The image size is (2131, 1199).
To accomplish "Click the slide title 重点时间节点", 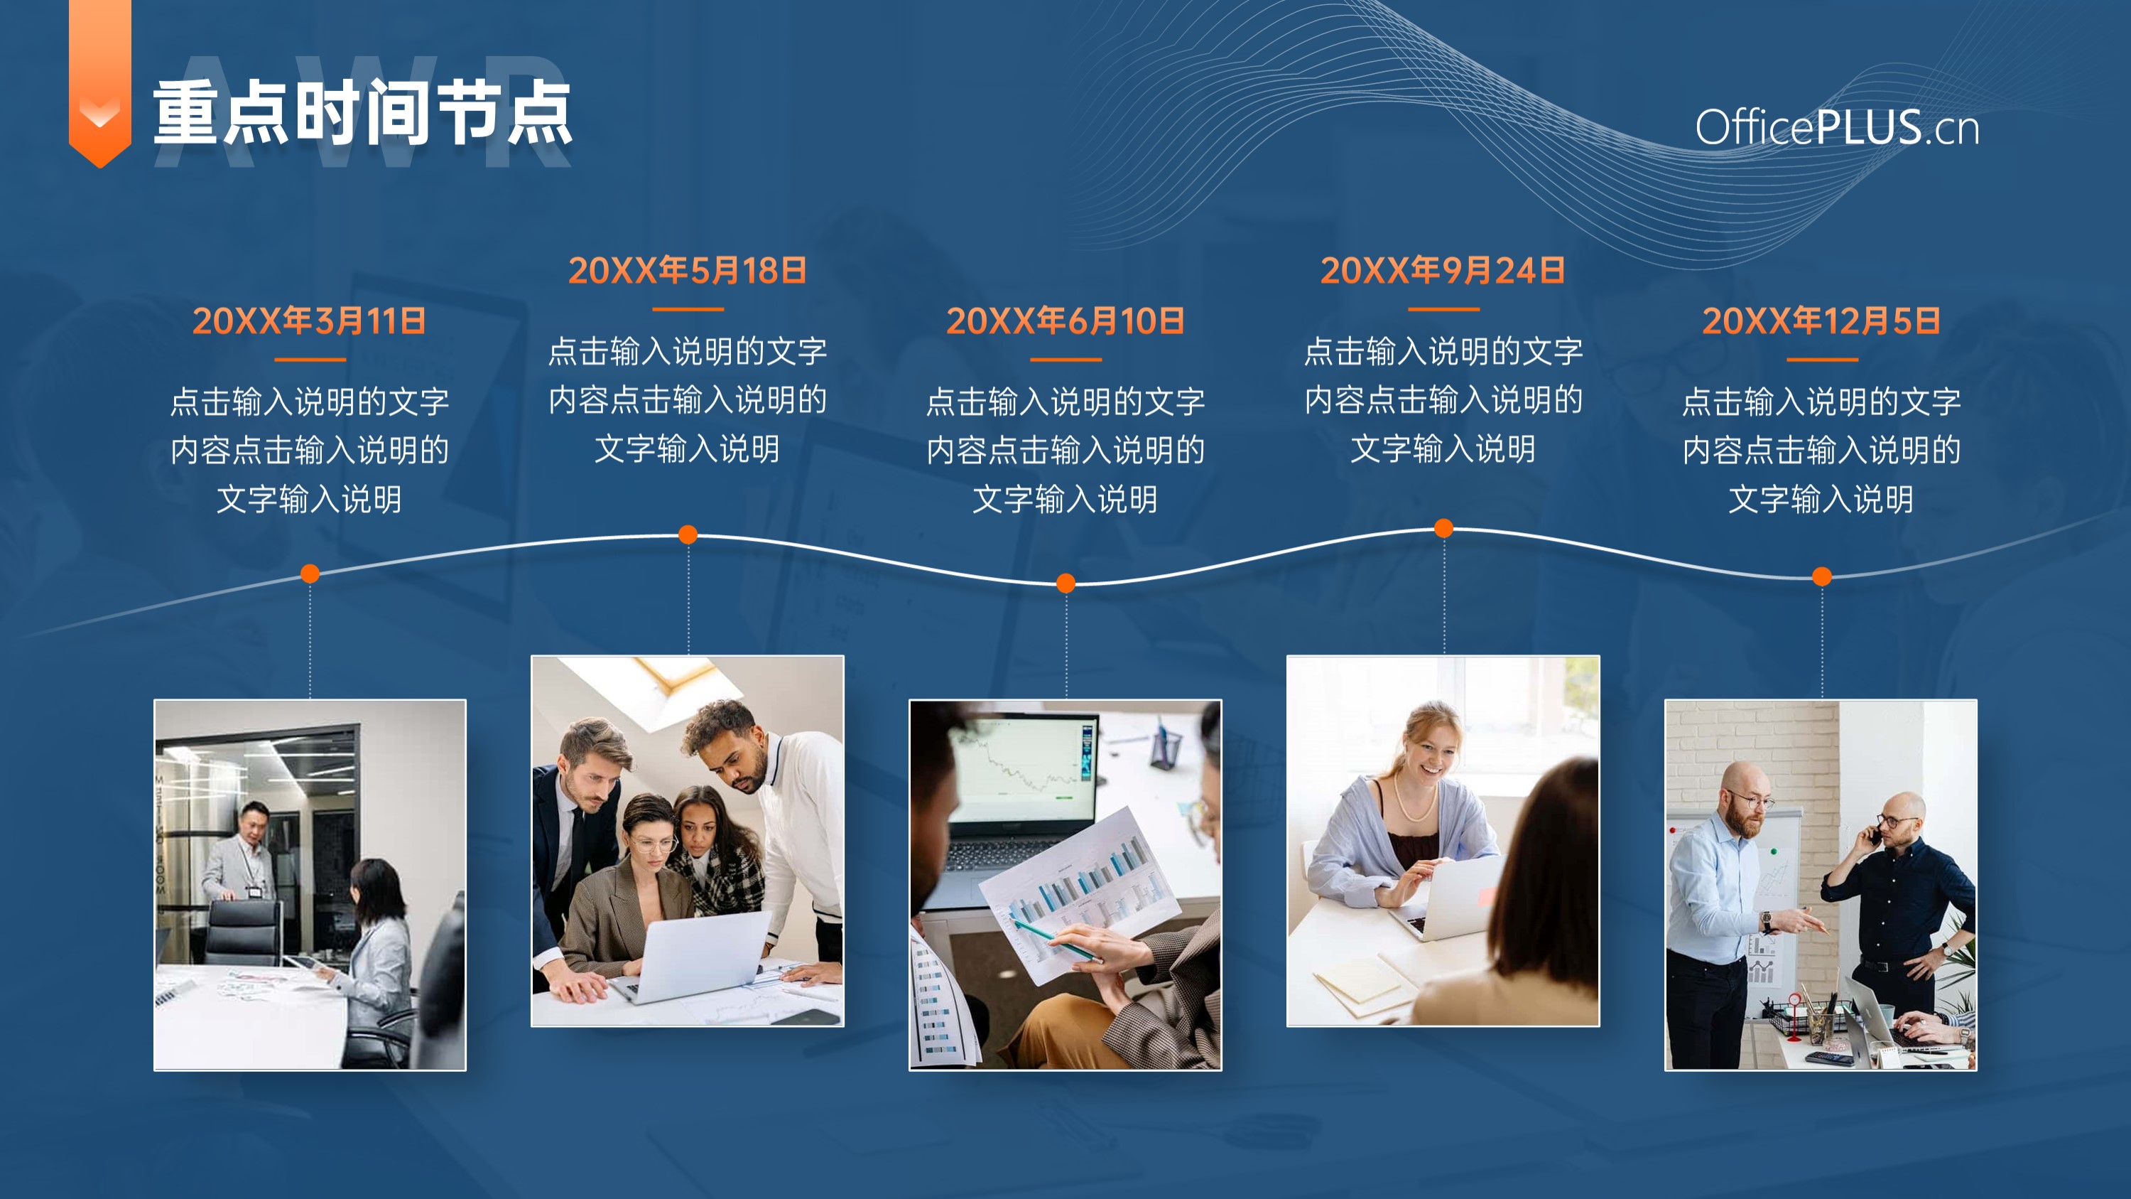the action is click(362, 114).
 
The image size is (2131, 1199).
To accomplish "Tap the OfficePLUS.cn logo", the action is click(1836, 127).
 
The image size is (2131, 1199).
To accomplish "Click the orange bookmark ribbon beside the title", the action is click(100, 82).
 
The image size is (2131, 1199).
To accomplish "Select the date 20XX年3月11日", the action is click(310, 321).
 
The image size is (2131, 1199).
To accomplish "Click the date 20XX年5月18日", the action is click(688, 271).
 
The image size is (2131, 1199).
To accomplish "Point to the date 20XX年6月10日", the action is click(1065, 321).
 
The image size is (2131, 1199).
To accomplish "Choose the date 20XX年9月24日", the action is click(1443, 271).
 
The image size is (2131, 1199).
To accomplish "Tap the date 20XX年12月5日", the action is click(1821, 321).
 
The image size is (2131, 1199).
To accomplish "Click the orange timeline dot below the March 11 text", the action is click(310, 574).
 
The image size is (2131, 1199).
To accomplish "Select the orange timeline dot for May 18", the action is click(688, 534).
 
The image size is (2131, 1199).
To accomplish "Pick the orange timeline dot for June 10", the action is click(1066, 584).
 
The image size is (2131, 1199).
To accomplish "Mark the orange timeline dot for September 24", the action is click(1443, 528).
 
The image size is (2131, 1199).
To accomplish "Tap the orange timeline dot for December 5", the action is click(1821, 576).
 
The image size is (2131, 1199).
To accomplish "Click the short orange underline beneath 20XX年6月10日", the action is click(1065, 359).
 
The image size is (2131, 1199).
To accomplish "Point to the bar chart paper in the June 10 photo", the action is click(1080, 893).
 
